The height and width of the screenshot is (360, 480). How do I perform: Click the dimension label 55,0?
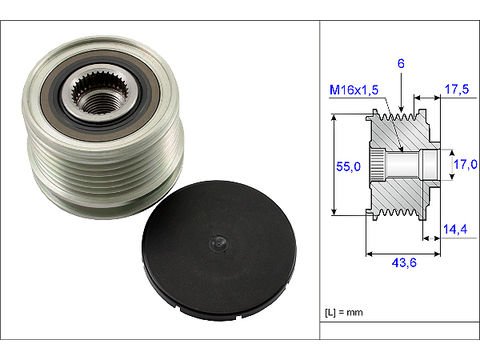coord(348,166)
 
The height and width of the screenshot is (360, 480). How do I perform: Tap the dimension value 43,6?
coord(404,263)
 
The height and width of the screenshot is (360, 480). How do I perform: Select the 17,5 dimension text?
coord(457,89)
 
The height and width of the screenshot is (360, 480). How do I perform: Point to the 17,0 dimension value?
coord(465,164)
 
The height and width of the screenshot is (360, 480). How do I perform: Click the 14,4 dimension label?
coord(455,229)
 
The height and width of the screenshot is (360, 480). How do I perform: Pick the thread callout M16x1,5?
coord(354,90)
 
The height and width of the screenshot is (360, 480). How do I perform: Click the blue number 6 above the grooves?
coord(401,63)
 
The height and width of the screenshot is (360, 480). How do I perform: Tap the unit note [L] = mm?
coord(344,312)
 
